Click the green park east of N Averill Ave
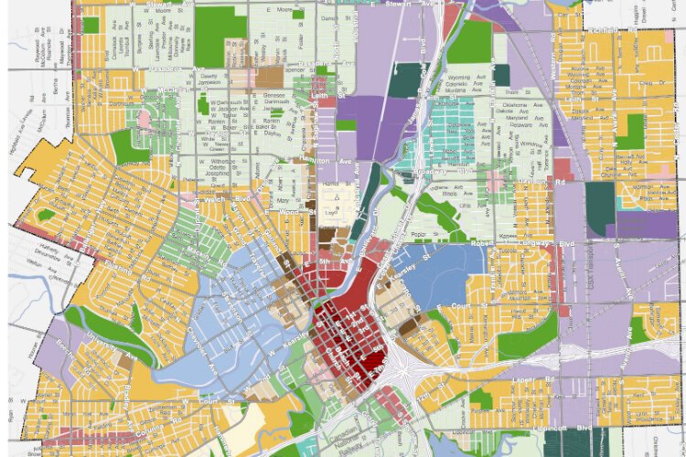[629, 133]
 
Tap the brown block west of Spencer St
[270, 79]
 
